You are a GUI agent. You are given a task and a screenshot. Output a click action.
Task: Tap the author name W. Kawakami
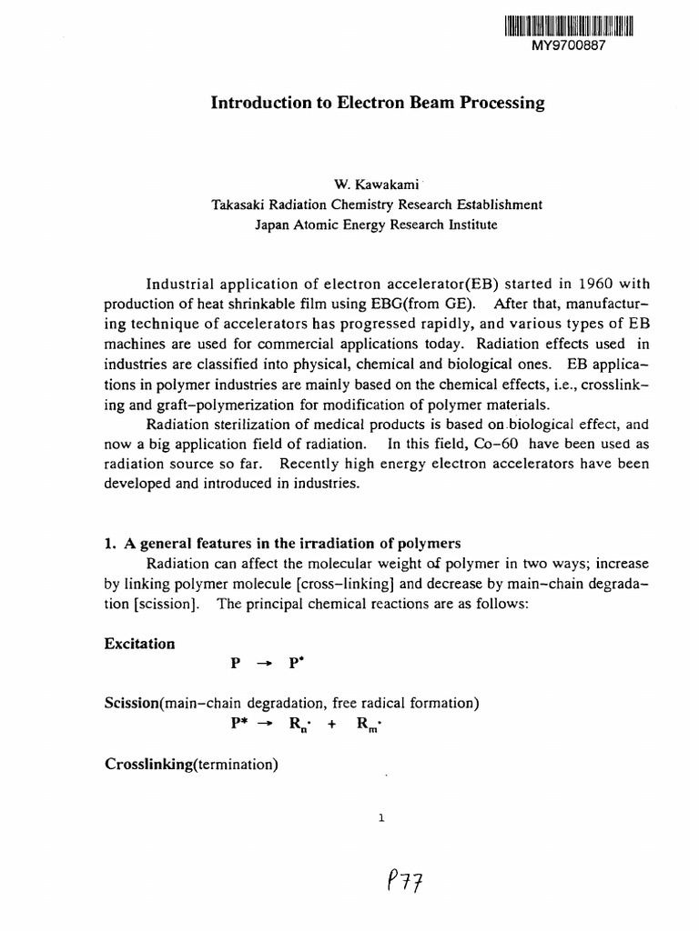376,185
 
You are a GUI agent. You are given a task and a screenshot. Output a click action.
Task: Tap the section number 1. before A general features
113,545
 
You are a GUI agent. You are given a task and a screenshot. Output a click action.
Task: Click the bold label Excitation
141,644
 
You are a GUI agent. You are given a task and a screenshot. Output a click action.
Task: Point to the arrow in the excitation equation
264,664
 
